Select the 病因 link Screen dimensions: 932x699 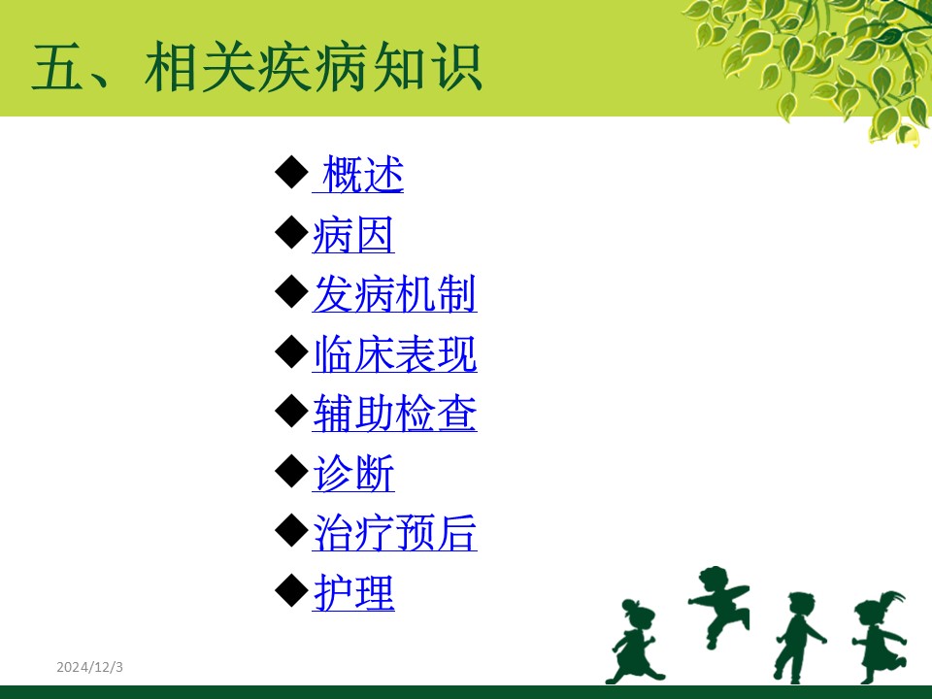coord(353,235)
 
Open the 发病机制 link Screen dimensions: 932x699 coord(395,294)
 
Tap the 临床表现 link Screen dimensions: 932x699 coord(395,354)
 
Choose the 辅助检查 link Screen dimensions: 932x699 coord(395,414)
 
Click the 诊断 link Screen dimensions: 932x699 coord(353,474)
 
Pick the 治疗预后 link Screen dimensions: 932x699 coord(395,533)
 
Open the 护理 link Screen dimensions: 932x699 coord(353,592)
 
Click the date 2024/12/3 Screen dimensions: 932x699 coord(89,667)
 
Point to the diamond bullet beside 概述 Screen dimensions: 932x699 coord(291,173)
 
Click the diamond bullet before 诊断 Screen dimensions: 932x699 coord(291,472)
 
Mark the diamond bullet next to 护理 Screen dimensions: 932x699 coord(291,590)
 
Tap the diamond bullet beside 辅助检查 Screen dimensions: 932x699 coord(291,412)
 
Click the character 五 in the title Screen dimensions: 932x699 coord(57,67)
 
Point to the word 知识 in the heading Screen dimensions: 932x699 coord(426,67)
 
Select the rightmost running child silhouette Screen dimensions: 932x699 coord(880,636)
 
